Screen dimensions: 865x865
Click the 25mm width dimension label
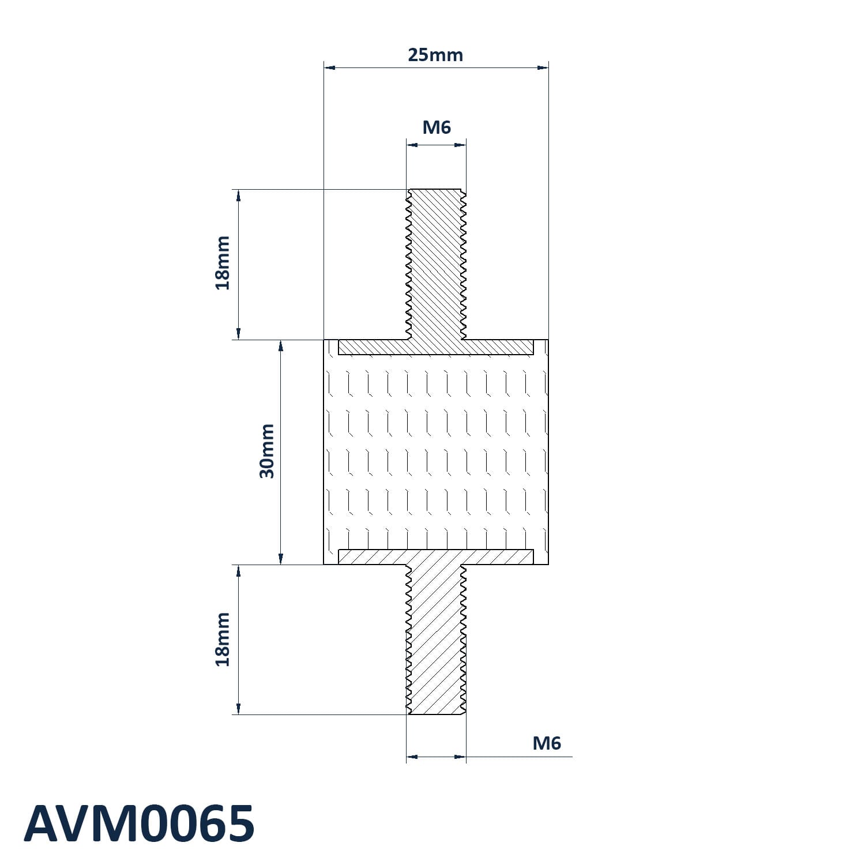(435, 55)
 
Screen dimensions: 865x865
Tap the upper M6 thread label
(437, 127)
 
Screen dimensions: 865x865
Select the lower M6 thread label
(547, 743)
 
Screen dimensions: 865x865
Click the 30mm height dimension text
(267, 451)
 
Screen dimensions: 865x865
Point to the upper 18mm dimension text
(223, 262)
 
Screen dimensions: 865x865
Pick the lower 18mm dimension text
(223, 639)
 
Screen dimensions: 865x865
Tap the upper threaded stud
(436, 264)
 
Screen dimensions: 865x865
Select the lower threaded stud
(436, 640)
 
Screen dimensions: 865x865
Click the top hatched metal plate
(435, 347)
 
